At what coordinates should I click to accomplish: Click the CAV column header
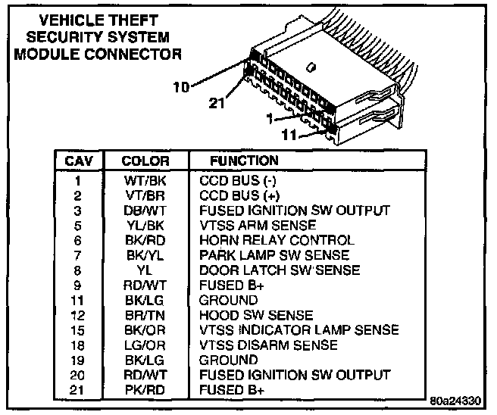tap(79, 161)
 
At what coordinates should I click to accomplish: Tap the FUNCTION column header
tap(244, 161)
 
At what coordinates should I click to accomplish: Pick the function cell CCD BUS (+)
tap(238, 195)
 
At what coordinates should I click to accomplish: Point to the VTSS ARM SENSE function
tap(257, 226)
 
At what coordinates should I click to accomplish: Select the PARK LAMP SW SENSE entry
tap(274, 255)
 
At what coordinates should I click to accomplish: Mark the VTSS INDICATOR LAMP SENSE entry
tap(299, 330)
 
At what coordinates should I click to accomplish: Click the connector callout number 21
tap(217, 103)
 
